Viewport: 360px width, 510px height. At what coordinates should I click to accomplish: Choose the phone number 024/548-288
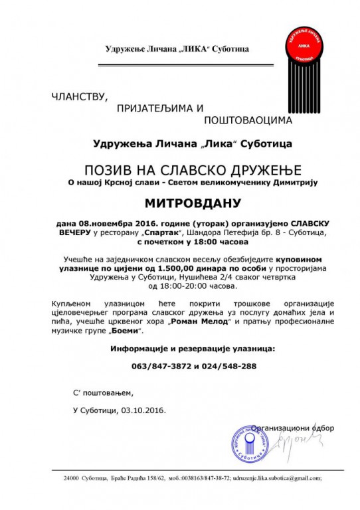tap(213, 366)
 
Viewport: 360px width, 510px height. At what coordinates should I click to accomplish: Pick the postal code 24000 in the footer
tap(72, 478)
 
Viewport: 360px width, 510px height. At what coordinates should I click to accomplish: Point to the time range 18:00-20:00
tap(180, 286)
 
